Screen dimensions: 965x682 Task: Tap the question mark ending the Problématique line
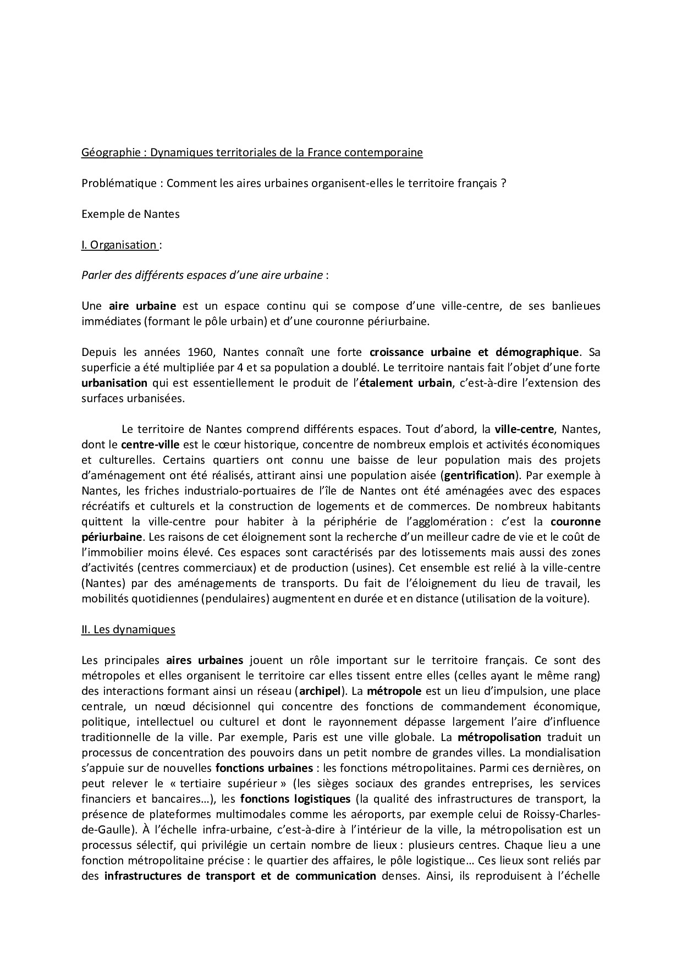(503, 184)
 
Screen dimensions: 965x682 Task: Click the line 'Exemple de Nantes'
(130, 214)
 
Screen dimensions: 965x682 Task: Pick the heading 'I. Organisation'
(119, 245)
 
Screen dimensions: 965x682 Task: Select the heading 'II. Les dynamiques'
(128, 629)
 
